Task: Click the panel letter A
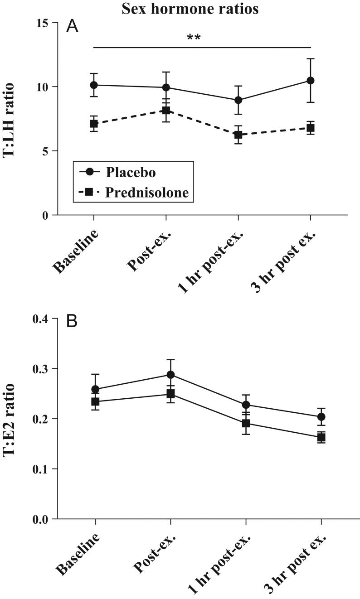click(x=72, y=27)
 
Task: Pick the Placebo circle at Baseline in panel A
click(x=94, y=85)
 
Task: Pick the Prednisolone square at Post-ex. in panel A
click(x=166, y=110)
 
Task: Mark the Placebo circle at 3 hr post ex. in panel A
click(x=311, y=80)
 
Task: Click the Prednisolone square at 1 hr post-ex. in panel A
click(x=238, y=135)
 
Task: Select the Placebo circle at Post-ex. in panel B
click(x=170, y=375)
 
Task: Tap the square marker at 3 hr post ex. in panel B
click(x=321, y=437)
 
